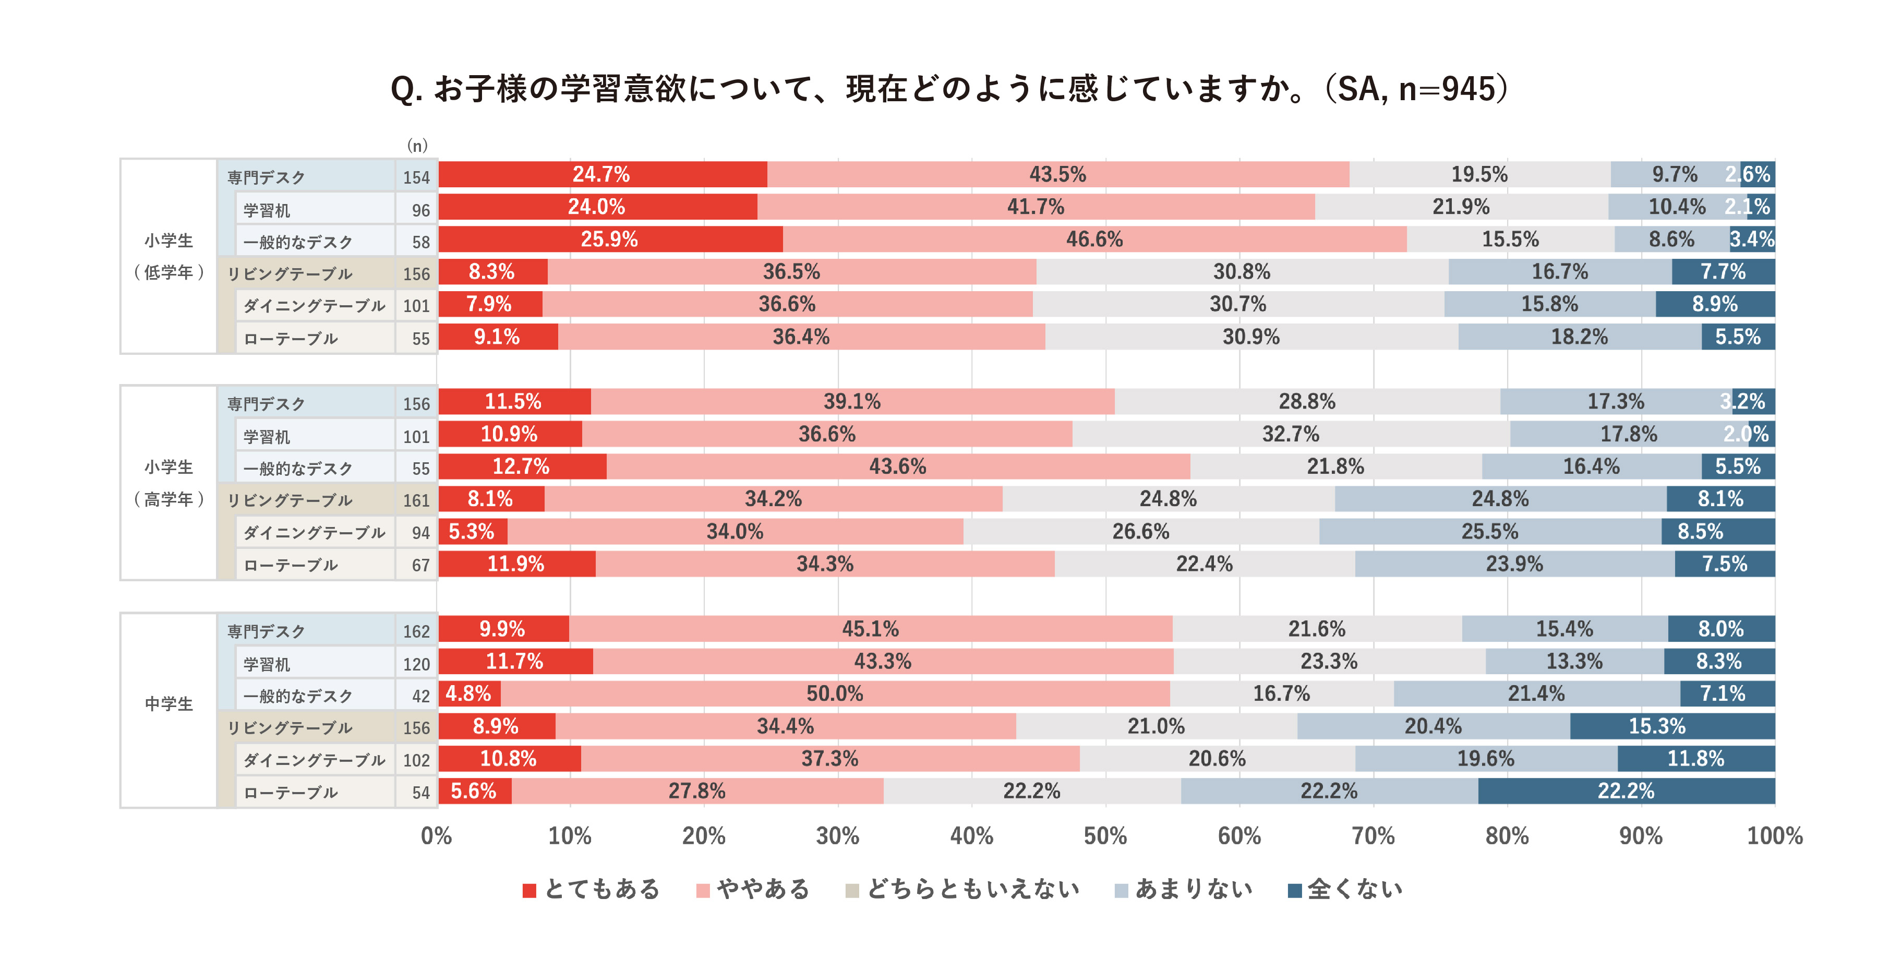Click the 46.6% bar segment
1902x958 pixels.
[x=1094, y=239]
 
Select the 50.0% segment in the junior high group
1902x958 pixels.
[x=835, y=693]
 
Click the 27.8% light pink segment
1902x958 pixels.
[x=697, y=791]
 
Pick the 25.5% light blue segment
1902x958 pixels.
[x=1490, y=532]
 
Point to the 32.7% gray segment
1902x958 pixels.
[x=1291, y=434]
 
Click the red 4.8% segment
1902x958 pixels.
[x=469, y=693]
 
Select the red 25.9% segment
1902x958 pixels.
[x=610, y=239]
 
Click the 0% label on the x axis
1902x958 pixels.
[x=436, y=836]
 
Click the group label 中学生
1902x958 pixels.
[x=168, y=704]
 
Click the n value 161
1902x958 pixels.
[x=416, y=501]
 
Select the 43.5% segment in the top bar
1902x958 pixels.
[x=1057, y=174]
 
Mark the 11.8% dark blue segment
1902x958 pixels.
[x=1695, y=759]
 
